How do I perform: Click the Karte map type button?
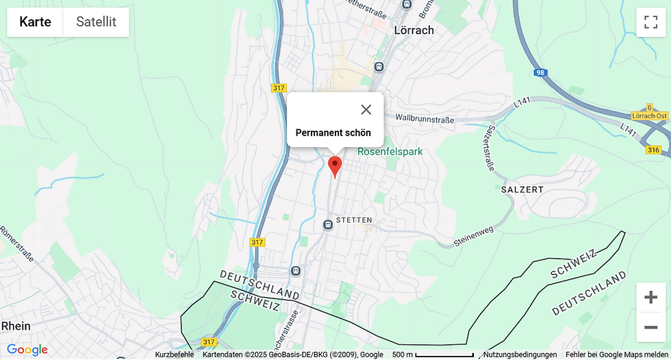(x=35, y=22)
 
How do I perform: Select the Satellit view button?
(x=96, y=22)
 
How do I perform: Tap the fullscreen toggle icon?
(x=650, y=22)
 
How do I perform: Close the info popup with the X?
(x=366, y=110)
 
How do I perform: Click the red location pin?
(x=335, y=165)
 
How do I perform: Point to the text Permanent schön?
(x=333, y=133)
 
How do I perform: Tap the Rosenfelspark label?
(x=390, y=152)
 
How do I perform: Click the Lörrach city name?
(x=414, y=30)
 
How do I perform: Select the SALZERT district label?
(x=522, y=189)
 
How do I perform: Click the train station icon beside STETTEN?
(x=328, y=224)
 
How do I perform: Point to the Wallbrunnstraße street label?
(x=425, y=119)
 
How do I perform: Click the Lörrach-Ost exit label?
(x=650, y=116)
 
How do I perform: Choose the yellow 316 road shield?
(x=653, y=150)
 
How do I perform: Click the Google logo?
(x=27, y=350)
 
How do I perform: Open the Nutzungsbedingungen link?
(x=520, y=355)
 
